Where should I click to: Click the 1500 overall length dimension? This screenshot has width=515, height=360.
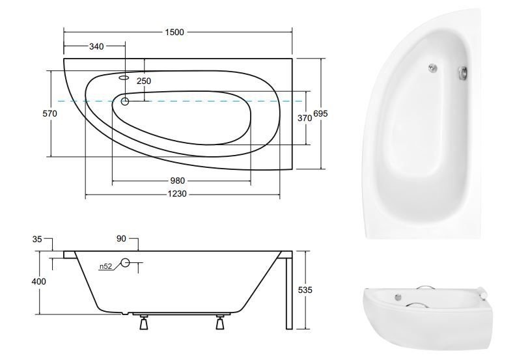tap(174, 32)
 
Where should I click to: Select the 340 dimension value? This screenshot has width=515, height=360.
tap(96, 47)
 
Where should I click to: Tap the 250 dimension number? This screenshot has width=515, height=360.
tap(144, 81)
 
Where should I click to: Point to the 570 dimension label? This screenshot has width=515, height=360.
tap(50, 114)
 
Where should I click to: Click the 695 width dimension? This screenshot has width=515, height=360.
tap(320, 114)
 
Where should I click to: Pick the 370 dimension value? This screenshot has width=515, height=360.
tap(305, 118)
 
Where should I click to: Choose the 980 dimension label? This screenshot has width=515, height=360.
tap(177, 181)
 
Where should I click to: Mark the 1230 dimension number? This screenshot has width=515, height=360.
tap(177, 194)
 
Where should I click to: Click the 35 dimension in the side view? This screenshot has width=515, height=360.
tap(37, 239)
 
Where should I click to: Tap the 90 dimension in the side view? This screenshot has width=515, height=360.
tap(121, 239)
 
